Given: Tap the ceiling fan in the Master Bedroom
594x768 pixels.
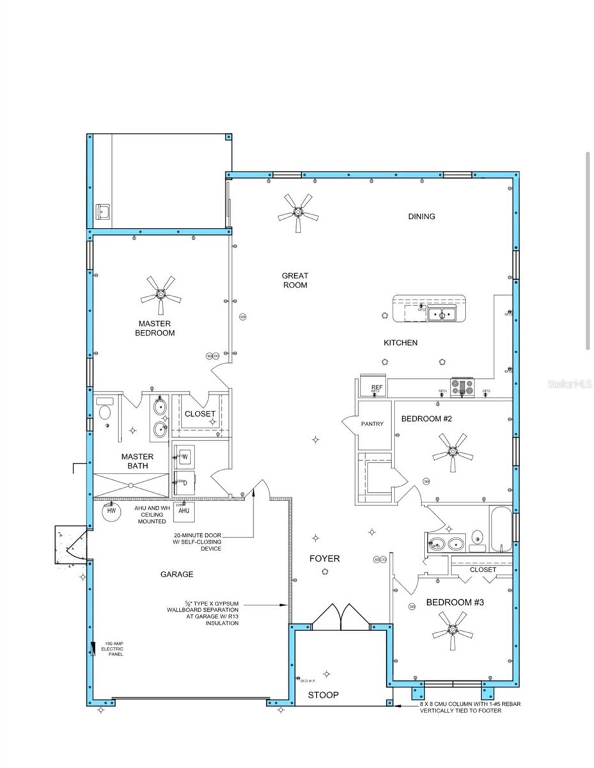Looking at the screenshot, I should pyautogui.click(x=160, y=295).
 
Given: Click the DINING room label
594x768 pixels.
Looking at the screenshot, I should pyautogui.click(x=421, y=216).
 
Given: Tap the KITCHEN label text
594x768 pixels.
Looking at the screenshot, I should pyautogui.click(x=400, y=343).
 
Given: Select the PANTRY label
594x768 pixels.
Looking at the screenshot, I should pyautogui.click(x=372, y=424).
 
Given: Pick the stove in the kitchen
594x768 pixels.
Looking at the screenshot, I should pyautogui.click(x=462, y=387).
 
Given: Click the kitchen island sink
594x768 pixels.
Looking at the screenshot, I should pyautogui.click(x=441, y=314).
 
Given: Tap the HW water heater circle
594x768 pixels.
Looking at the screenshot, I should pyautogui.click(x=111, y=511).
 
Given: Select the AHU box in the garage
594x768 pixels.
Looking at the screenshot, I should pyautogui.click(x=184, y=511).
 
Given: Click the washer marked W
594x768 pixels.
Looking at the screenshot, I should pyautogui.click(x=185, y=456).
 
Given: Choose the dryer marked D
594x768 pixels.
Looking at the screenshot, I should pyautogui.click(x=185, y=483).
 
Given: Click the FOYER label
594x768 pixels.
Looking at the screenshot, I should pyautogui.click(x=325, y=559).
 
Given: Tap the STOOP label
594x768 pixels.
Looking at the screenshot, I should pyautogui.click(x=324, y=695).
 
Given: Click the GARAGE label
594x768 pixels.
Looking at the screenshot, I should pyautogui.click(x=176, y=575).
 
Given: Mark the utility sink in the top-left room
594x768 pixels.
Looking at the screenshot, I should pyautogui.click(x=102, y=211).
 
